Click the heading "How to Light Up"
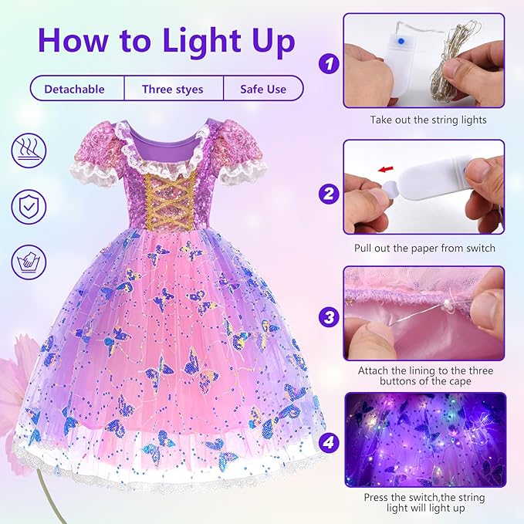click(165, 40)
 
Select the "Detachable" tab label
click(74, 89)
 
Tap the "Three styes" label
click(172, 89)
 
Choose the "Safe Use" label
click(262, 89)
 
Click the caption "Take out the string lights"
click(427, 120)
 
